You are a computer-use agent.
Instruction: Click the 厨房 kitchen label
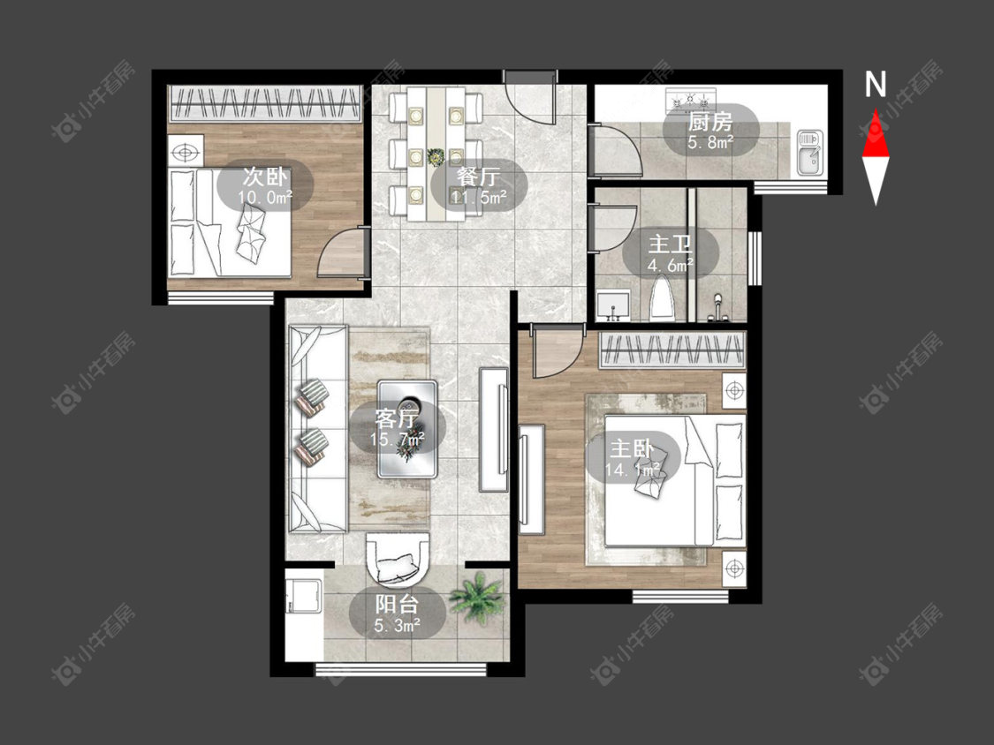710,120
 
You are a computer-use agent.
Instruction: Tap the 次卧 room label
265,176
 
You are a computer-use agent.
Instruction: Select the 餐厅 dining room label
479,176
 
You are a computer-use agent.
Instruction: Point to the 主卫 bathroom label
670,245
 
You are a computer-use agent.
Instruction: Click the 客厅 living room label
397,418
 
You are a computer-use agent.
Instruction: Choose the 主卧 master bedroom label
632,448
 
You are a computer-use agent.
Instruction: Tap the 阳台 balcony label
397,604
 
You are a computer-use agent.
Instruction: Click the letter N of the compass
876,84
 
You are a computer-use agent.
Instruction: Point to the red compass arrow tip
876,109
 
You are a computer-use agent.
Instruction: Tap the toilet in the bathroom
662,297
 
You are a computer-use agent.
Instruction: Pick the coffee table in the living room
407,428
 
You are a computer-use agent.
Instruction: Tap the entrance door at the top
530,100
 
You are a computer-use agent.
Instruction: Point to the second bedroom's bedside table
186,152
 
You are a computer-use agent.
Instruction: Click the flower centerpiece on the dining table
435,156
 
